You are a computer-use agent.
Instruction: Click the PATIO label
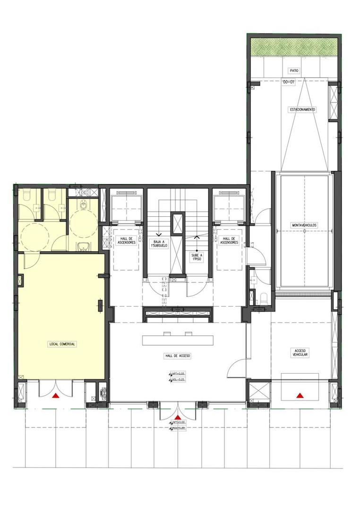point(294,70)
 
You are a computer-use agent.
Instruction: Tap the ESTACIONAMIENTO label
point(303,110)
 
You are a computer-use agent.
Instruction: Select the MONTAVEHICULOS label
point(304,225)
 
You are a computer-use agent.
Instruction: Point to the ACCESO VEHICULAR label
point(300,352)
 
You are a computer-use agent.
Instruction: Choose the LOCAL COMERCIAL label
point(62,344)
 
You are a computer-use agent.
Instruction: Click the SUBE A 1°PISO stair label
point(196,257)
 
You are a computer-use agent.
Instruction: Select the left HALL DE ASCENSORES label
point(126,240)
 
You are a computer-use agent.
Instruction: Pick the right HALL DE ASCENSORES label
point(229,240)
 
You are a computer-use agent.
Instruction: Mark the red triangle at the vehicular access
point(299,395)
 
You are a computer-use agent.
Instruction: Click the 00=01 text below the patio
point(289,82)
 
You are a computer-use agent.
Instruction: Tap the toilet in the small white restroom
point(263,298)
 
